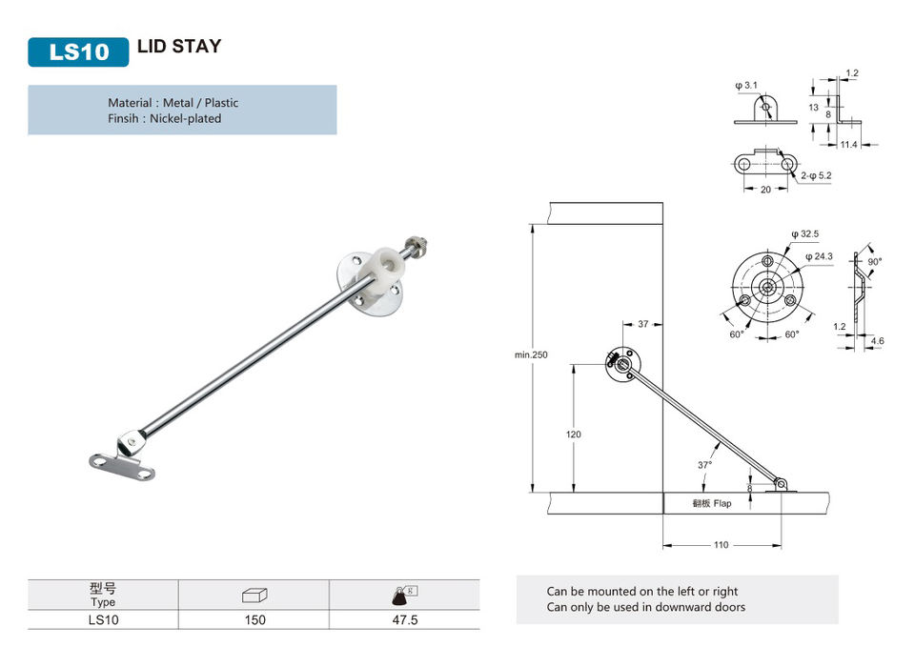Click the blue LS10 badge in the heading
(78, 52)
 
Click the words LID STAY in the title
(179, 46)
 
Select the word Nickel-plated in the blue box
(186, 118)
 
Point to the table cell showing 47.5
(405, 619)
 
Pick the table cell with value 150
(255, 619)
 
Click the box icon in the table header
(254, 596)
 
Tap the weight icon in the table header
(404, 596)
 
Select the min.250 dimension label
(531, 354)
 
